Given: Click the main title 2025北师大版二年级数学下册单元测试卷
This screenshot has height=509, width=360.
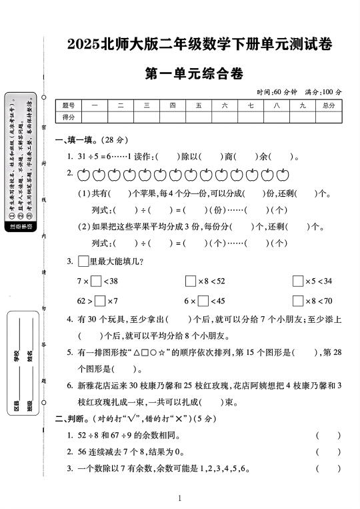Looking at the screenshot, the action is [199, 45].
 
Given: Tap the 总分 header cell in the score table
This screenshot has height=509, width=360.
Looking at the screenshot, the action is [328, 105].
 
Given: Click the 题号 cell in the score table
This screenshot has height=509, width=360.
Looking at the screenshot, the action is [68, 105].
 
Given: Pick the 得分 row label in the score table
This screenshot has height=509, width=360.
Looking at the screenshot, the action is [68, 117].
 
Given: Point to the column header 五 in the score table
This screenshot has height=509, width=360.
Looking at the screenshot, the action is [198, 105].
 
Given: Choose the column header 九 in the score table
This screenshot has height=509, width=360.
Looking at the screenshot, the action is [302, 105].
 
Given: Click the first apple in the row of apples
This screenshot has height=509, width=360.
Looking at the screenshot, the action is [83, 175].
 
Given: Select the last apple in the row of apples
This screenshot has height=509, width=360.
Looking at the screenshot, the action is [283, 175].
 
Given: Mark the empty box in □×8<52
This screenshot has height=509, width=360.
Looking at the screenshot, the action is [191, 281].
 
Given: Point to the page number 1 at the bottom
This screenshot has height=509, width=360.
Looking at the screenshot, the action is [180, 498].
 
